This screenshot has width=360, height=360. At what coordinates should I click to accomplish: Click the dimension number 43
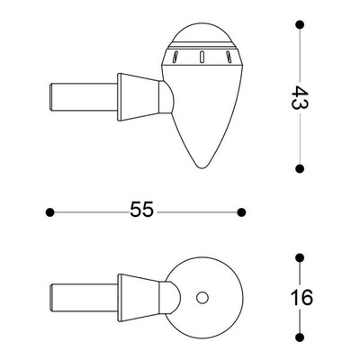pos(300,98)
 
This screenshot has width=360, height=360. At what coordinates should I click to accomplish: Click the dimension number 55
pos(141,209)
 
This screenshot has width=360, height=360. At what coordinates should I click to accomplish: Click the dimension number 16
pos(301,298)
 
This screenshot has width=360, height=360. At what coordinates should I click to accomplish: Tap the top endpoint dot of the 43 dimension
pos(300,24)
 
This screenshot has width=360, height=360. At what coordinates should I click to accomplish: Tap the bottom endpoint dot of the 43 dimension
pos(300,169)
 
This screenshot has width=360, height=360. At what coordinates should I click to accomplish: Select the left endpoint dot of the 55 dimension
pos(49,212)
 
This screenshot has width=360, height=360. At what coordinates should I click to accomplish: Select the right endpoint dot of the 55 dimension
pos(241,212)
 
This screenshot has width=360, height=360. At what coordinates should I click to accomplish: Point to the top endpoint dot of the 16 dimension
pos(300,257)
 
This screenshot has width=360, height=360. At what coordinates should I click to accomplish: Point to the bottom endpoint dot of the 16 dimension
pos(300,337)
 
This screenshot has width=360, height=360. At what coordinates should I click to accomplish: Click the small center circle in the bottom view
pos(202,298)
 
